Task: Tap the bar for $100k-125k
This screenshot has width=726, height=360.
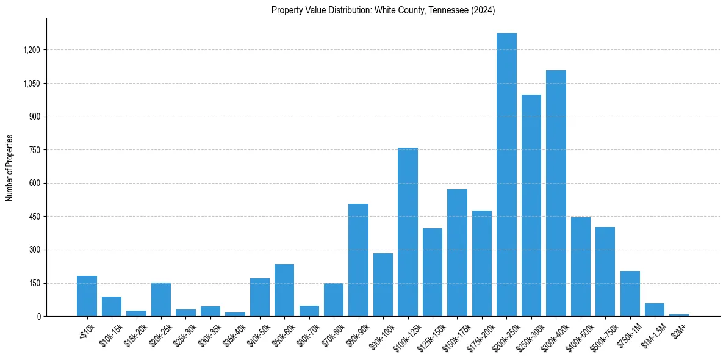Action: click(x=408, y=232)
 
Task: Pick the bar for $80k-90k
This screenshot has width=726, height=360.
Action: click(x=358, y=260)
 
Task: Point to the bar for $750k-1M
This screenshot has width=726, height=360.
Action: click(x=630, y=293)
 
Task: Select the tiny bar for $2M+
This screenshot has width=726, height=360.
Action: click(x=679, y=315)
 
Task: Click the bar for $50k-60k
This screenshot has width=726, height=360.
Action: click(x=284, y=290)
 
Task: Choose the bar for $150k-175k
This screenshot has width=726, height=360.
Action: click(x=457, y=253)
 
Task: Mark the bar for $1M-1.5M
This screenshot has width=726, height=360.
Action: click(x=655, y=309)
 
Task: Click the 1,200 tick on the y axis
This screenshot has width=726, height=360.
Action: click(x=31, y=50)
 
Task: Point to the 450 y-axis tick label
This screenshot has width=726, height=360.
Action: click(x=34, y=217)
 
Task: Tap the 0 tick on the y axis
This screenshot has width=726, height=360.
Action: click(x=39, y=317)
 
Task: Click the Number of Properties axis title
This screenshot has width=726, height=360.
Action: click(x=9, y=167)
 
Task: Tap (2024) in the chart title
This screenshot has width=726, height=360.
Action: click(x=482, y=10)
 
